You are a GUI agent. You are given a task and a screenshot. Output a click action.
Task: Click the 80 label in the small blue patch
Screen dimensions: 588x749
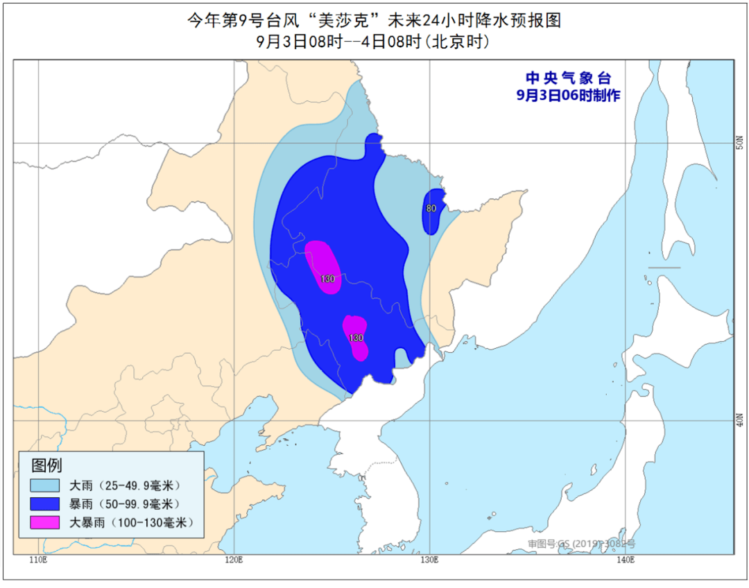click(x=431, y=208)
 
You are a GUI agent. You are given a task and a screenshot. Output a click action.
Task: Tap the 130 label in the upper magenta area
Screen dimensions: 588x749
click(x=328, y=279)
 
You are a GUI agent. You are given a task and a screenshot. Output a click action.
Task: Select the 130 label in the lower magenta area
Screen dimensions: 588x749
click(x=356, y=338)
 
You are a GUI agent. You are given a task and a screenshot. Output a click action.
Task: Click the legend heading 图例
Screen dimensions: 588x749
click(x=46, y=465)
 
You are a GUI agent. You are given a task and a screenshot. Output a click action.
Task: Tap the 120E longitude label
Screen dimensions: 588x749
click(x=234, y=560)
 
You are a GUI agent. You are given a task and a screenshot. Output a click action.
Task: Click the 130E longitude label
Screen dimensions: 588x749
click(x=429, y=560)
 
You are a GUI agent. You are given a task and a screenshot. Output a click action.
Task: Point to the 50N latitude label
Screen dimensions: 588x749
click(x=740, y=143)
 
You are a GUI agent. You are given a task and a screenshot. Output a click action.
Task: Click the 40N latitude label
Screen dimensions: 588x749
click(x=740, y=420)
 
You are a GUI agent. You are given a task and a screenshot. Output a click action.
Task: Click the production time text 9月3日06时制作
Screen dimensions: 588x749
click(x=569, y=96)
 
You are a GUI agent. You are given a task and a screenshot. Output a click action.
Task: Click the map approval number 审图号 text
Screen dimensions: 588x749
click(x=581, y=544)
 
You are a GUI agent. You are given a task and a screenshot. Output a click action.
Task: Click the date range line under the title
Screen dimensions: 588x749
click(x=374, y=42)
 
